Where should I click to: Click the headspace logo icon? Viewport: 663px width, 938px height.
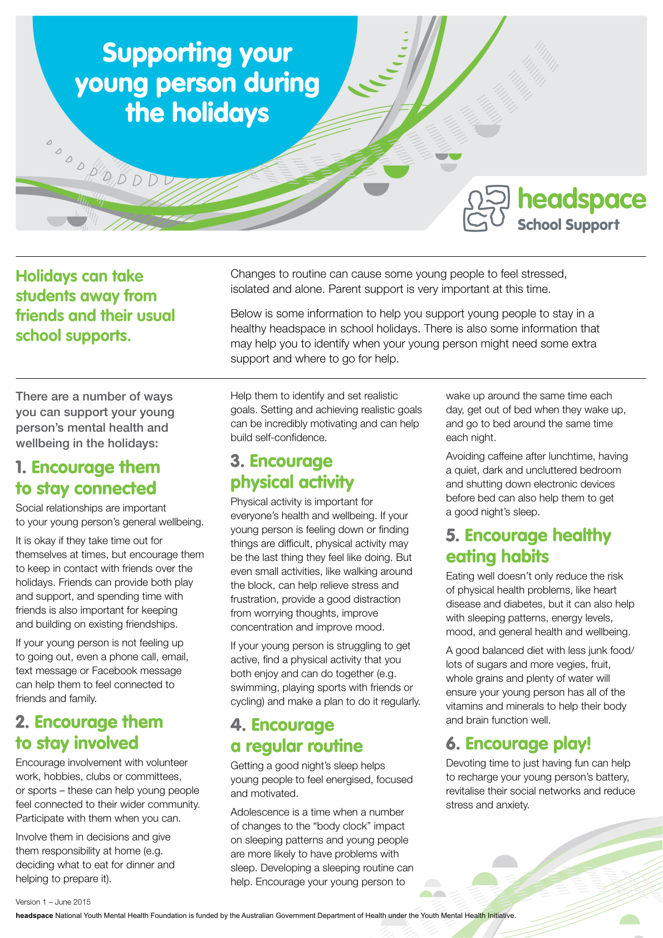point(486,208)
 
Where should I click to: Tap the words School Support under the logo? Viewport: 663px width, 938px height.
point(568,225)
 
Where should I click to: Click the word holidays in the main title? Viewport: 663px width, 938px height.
point(220,113)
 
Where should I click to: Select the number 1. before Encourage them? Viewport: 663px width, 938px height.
point(21,468)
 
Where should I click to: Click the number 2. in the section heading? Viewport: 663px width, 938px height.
point(22,722)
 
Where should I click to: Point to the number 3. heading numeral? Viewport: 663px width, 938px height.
point(237,462)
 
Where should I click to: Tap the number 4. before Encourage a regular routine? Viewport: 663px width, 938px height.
point(238,725)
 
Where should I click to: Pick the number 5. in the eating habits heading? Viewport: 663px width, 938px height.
point(453,536)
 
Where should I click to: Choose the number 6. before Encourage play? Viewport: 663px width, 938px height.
point(453,744)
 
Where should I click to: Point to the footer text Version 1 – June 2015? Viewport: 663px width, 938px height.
point(53,902)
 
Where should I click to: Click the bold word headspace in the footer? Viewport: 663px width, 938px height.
point(34,915)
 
